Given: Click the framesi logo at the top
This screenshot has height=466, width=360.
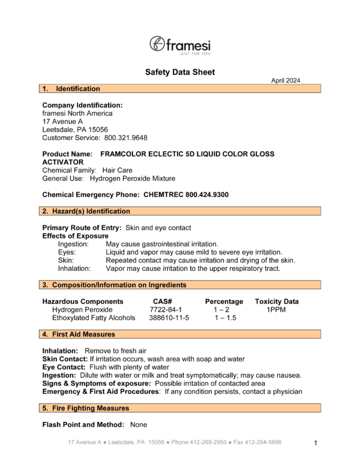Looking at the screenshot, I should [179, 44].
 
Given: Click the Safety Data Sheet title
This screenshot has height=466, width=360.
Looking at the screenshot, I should [179, 73].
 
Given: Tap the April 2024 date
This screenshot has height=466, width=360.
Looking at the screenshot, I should [286, 80].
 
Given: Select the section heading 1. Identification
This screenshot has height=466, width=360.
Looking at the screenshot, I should [71, 89].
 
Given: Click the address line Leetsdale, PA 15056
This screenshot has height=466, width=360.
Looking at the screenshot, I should [75, 130].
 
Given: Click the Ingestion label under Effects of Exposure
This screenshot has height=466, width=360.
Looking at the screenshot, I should [73, 244].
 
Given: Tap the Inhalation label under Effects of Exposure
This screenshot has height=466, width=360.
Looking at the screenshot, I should [74, 268].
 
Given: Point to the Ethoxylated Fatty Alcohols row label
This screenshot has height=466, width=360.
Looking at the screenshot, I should [94, 318].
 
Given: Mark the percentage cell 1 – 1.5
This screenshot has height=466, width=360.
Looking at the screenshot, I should [224, 318].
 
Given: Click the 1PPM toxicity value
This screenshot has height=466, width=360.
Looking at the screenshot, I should [277, 309].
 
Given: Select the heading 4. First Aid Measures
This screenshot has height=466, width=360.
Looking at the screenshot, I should [79, 334].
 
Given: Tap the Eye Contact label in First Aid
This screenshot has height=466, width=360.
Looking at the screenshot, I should [62, 367].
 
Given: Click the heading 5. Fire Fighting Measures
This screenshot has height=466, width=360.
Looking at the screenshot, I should [85, 408].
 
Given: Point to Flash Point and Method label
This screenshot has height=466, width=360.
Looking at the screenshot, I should [83, 425].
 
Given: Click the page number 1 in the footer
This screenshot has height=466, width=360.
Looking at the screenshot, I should [315, 443].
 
